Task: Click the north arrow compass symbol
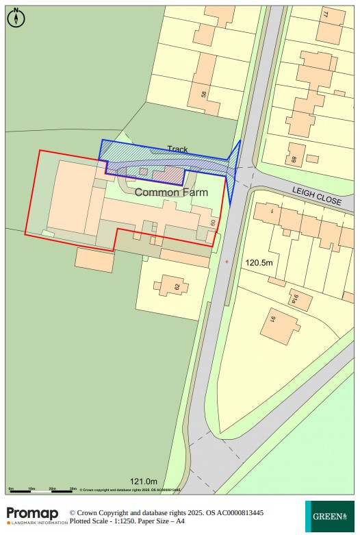(x=16, y=18)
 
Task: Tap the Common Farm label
(x=171, y=192)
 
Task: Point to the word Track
(x=177, y=149)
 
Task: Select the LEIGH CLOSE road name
(x=316, y=197)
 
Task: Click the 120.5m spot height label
(x=259, y=262)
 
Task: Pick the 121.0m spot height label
(x=144, y=482)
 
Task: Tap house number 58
(x=203, y=93)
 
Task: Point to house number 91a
(x=296, y=299)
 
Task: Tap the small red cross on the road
(x=227, y=261)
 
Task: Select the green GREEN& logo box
(x=329, y=517)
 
